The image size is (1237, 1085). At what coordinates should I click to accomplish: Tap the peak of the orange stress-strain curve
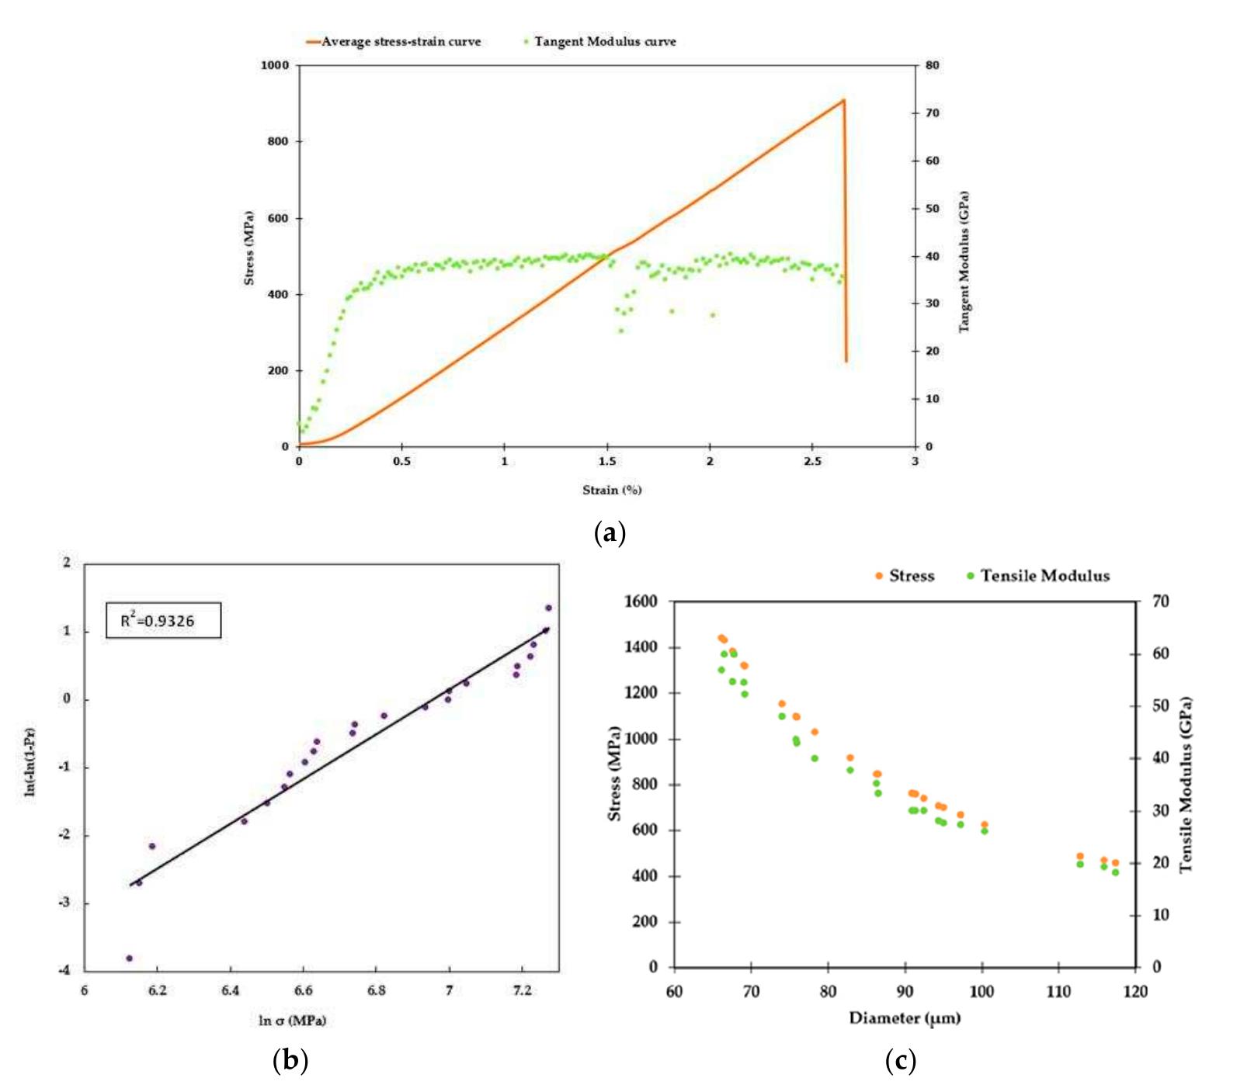tap(843, 100)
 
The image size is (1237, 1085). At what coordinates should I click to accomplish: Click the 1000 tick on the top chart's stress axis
tap(274, 66)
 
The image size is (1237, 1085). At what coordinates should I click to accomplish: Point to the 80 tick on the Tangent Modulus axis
tap(932, 66)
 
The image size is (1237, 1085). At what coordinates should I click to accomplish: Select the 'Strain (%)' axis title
tap(612, 490)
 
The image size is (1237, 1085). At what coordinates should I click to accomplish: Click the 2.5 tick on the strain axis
tap(812, 462)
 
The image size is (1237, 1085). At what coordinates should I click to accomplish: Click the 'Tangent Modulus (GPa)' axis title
tap(964, 262)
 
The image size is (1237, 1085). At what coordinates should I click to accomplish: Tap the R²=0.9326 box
tap(163, 621)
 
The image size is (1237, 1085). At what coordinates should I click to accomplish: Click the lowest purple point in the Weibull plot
tap(129, 958)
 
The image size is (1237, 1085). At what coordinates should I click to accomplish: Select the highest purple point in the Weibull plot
tap(548, 608)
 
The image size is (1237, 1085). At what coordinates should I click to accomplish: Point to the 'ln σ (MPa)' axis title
tap(292, 1020)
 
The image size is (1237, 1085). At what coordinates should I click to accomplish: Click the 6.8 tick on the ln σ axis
tap(376, 990)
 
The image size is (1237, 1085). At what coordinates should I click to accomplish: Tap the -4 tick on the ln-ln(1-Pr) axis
tap(65, 970)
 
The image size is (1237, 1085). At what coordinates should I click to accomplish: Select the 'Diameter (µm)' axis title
tap(904, 1017)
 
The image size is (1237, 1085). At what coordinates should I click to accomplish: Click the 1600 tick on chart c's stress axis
tap(641, 601)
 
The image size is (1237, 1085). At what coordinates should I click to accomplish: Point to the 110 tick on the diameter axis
tap(1058, 992)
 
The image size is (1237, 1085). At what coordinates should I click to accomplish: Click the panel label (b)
tap(291, 1059)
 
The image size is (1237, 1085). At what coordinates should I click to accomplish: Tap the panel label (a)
tap(609, 533)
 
